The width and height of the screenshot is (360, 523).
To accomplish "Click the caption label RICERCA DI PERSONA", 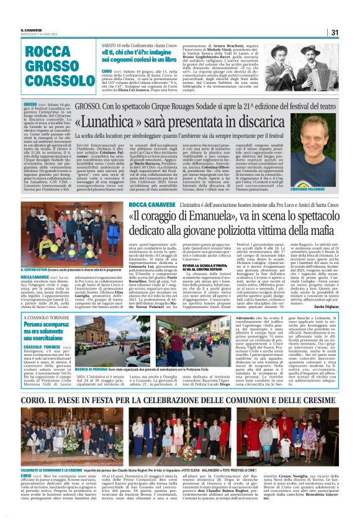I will pyautogui.click(x=92, y=368).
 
